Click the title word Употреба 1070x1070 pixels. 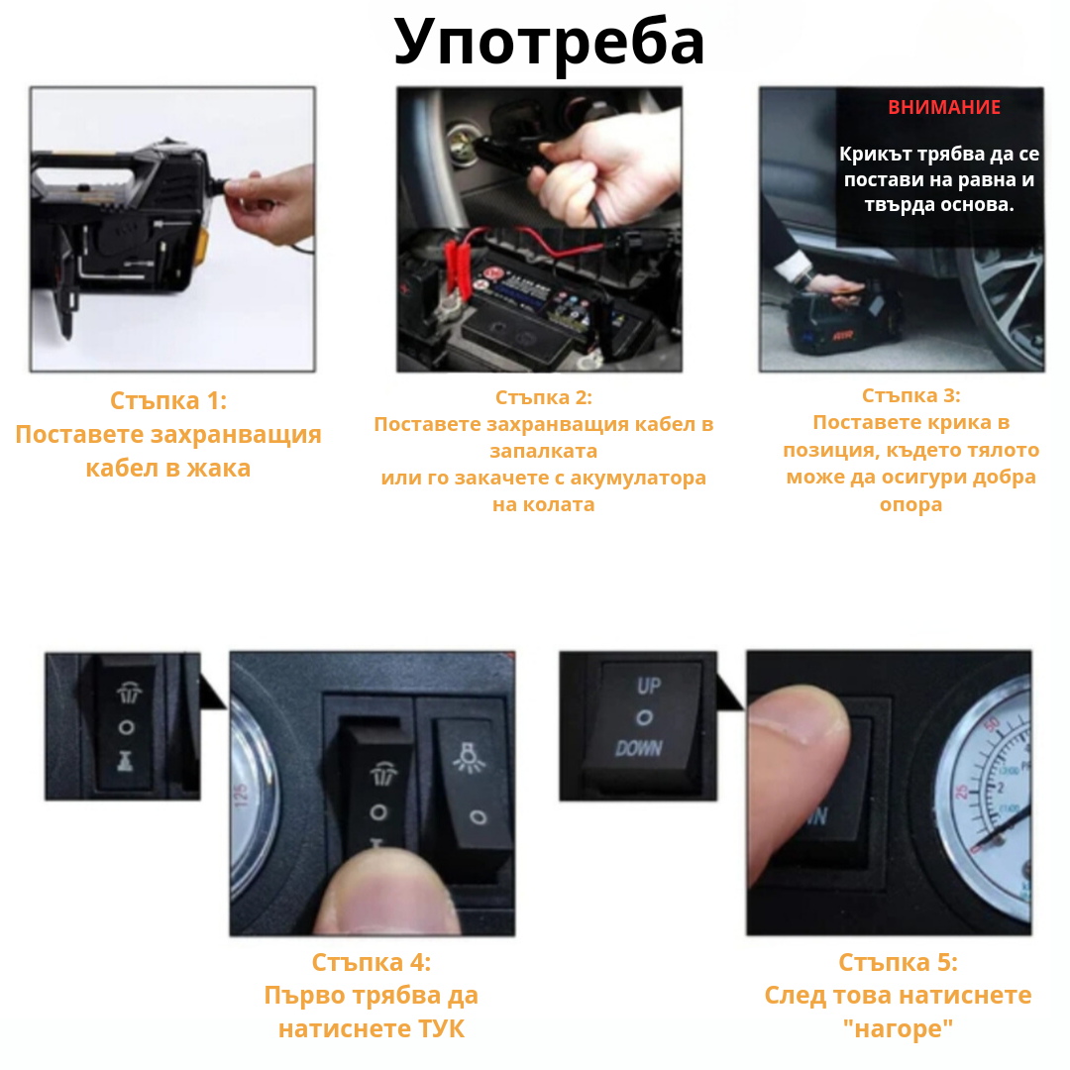coord(549,42)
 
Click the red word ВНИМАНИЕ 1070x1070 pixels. coord(943,108)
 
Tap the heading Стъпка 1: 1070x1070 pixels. coord(168,401)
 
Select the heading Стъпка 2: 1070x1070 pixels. coord(543,397)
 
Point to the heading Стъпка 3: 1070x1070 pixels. coord(910,395)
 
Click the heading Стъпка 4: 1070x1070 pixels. coord(371,962)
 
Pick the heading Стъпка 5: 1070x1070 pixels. coord(898,962)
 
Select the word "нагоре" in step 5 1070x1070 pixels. coord(898,1029)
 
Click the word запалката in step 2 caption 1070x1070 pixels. coord(543,451)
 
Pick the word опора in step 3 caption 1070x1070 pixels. coord(910,504)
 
